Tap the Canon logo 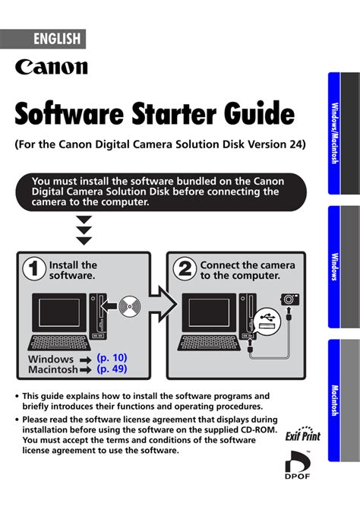click(x=52, y=67)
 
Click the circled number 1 click(x=33, y=268)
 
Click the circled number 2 click(x=185, y=268)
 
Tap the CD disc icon click(x=130, y=306)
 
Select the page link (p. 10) click(x=112, y=358)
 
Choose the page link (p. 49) click(x=112, y=369)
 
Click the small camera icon click(x=290, y=299)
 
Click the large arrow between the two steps click(x=163, y=305)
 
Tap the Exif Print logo click(x=303, y=435)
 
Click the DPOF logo click(x=298, y=464)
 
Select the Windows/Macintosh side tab click(x=335, y=133)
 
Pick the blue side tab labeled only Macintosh click(x=335, y=401)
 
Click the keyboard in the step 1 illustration click(x=58, y=343)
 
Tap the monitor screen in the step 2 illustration click(x=209, y=312)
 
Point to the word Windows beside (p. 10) click(x=51, y=359)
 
